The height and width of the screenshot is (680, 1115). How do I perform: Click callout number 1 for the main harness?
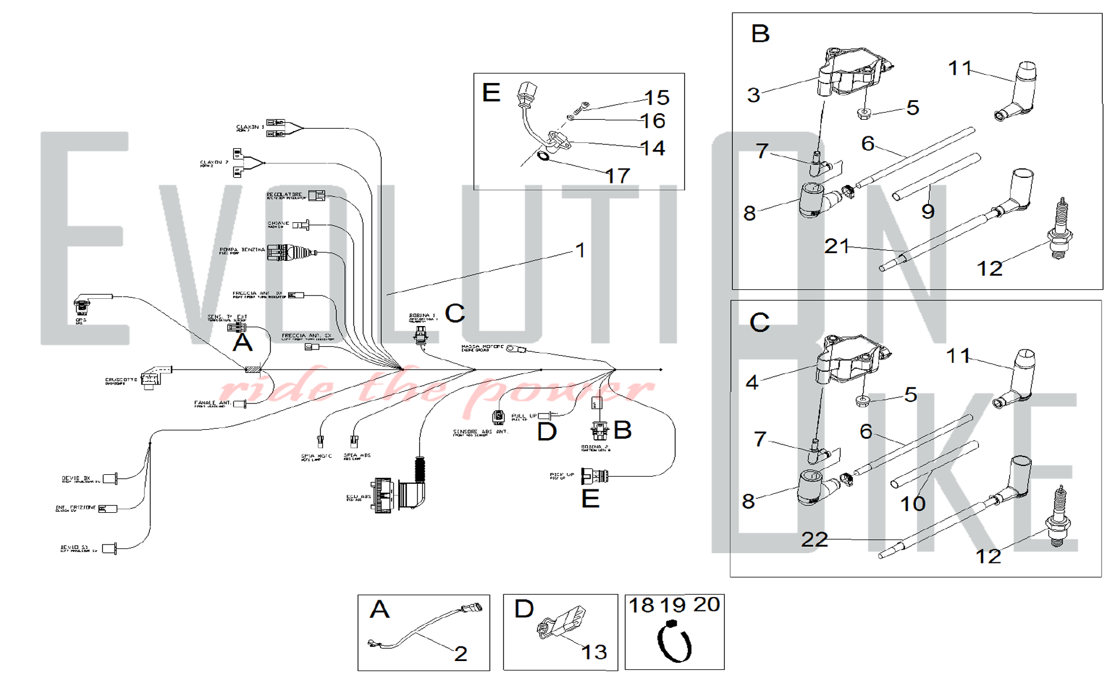580,250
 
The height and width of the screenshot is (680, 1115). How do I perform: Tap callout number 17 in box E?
618,176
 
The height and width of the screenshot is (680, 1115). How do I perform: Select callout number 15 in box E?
657,98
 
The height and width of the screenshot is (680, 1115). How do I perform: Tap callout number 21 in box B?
836,246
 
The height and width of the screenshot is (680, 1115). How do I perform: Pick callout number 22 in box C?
815,539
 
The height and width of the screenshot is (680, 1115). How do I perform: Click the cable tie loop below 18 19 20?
675,644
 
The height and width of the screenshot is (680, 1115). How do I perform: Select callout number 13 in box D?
594,652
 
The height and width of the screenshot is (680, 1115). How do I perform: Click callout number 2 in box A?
460,653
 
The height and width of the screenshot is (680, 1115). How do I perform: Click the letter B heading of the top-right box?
760,34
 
